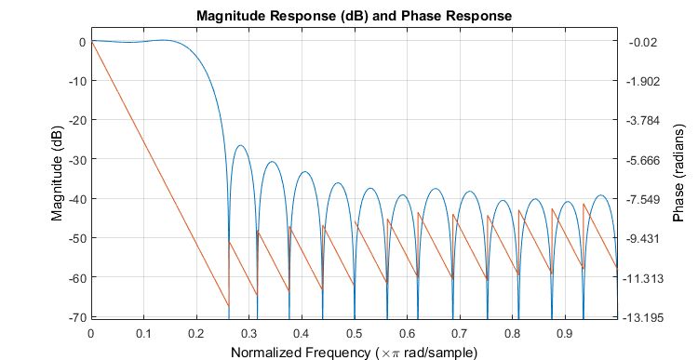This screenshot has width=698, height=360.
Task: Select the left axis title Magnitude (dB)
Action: tap(58, 176)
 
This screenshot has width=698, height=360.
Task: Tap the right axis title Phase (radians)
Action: tap(678, 176)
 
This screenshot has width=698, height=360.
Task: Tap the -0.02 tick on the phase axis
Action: tap(644, 42)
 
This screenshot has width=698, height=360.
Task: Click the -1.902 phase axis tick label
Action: tap(644, 81)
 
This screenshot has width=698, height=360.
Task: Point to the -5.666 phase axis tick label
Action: tap(644, 160)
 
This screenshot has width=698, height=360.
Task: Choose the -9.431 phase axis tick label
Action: tap(644, 238)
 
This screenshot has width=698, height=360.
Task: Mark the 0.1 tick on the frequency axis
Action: tap(142, 332)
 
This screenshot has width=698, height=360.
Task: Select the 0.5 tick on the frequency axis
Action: tap(354, 332)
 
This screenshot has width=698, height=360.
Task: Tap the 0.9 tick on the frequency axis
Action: tap(564, 332)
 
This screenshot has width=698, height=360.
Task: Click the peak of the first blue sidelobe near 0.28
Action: tap(241, 145)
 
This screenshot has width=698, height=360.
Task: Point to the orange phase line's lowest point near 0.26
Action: tap(228, 306)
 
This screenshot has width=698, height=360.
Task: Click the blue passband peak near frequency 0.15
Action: tap(166, 40)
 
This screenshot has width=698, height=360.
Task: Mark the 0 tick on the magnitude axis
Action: tap(81, 42)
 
